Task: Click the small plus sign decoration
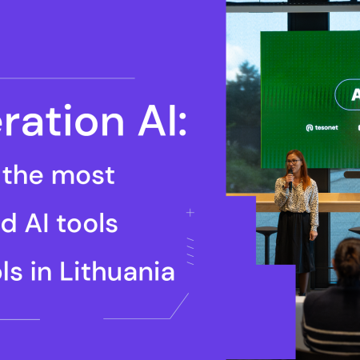[x=190, y=213]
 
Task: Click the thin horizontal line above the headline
[x=64, y=78]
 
